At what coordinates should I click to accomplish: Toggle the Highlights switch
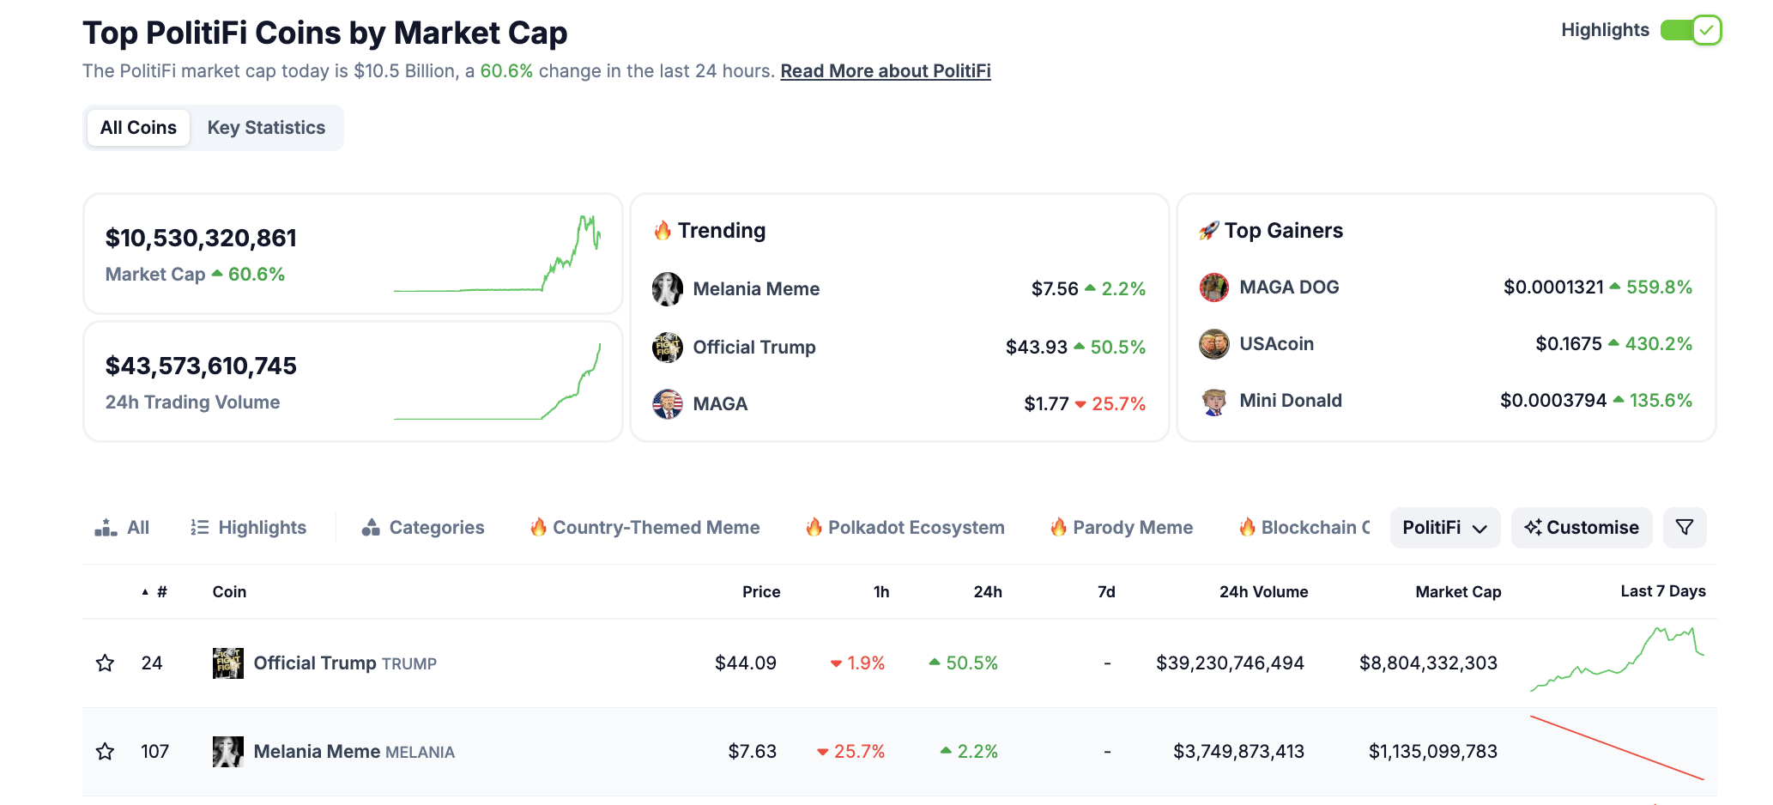point(1690,30)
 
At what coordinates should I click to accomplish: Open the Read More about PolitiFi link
point(885,71)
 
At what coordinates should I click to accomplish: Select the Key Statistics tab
point(266,128)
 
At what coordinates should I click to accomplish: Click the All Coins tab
point(138,128)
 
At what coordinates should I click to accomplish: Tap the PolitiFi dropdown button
point(1444,528)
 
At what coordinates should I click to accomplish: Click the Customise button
point(1581,528)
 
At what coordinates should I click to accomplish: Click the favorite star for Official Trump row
point(106,663)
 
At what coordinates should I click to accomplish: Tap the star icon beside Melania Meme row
point(106,752)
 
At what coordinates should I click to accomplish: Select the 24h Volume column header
point(1263,592)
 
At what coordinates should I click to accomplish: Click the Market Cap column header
point(1457,592)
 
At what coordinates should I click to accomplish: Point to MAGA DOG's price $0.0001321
point(1552,287)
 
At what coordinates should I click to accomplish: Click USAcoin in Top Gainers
point(1276,344)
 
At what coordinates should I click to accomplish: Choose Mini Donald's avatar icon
point(1213,401)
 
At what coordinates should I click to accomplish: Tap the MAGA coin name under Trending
point(720,404)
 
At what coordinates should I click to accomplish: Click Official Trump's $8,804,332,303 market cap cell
point(1428,663)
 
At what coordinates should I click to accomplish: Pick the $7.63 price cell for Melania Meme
point(752,752)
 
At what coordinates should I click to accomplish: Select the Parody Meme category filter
point(1132,528)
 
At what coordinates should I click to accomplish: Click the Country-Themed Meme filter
point(656,528)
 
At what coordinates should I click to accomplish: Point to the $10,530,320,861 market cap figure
point(201,239)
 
